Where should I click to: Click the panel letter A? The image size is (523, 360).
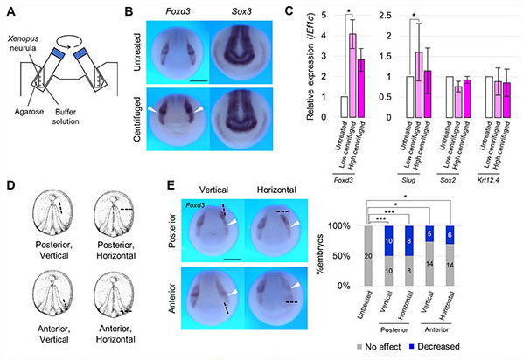7,10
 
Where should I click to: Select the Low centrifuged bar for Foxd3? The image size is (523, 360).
352,75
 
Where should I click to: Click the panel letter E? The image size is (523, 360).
136,186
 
